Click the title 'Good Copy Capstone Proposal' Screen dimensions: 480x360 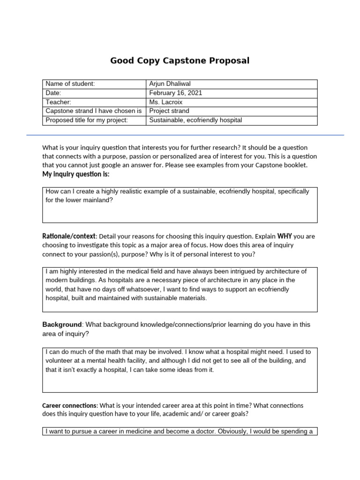click(180, 60)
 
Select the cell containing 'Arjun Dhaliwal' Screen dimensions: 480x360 click(170, 84)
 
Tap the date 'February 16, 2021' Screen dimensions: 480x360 click(175, 93)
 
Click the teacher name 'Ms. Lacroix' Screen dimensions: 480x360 click(165, 102)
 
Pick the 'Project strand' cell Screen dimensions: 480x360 click(169, 111)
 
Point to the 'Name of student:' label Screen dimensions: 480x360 click(70, 84)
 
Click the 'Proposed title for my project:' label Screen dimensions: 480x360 click(87, 120)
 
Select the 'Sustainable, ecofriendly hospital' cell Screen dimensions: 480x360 click(195, 120)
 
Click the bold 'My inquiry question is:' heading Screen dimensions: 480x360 click(76, 174)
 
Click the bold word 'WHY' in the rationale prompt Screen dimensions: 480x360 click(285, 236)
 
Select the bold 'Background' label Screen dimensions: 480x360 click(62, 324)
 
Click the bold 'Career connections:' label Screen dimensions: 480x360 click(70, 405)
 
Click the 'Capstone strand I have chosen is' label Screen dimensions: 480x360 click(93, 111)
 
